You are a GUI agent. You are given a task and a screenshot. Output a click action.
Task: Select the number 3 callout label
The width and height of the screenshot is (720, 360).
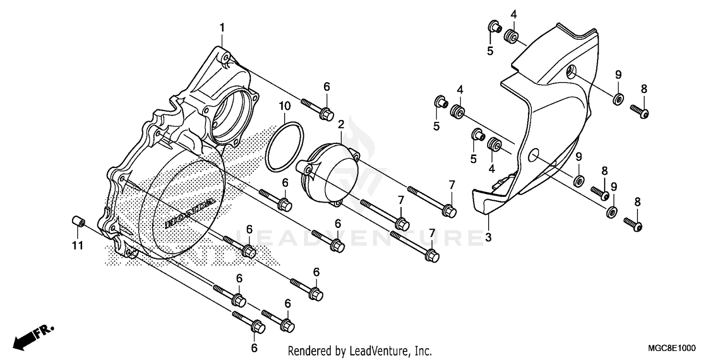pyautogui.click(x=488, y=237)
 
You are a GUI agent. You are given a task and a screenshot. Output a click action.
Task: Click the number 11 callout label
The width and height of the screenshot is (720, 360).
pyautogui.click(x=78, y=245)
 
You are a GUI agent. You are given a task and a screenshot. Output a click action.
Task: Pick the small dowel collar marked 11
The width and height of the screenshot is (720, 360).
pyautogui.click(x=77, y=223)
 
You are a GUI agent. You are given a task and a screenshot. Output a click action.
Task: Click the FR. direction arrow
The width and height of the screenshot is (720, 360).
pyautogui.click(x=34, y=336)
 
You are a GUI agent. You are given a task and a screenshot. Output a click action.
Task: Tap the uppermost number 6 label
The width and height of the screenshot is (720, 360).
pyautogui.click(x=326, y=87)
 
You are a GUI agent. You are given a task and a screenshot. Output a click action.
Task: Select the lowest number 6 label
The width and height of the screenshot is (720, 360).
pyautogui.click(x=254, y=348)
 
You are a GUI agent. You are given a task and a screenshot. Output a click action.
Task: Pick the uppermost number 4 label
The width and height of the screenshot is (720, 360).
pyautogui.click(x=514, y=14)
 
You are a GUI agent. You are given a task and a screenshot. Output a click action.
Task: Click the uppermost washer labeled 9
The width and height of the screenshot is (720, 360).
pyautogui.click(x=618, y=99)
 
